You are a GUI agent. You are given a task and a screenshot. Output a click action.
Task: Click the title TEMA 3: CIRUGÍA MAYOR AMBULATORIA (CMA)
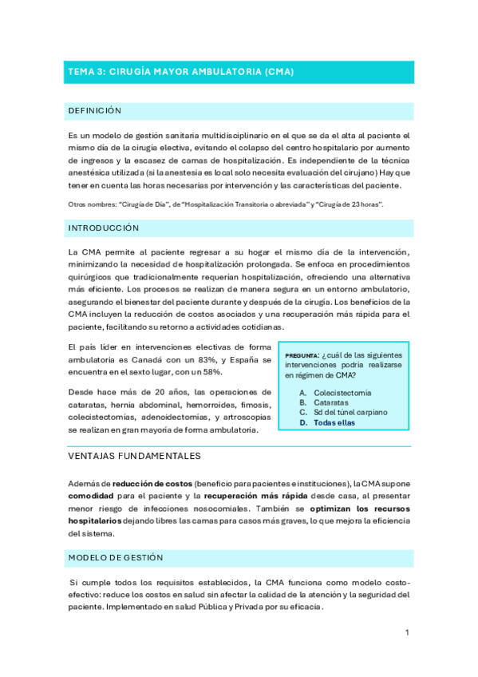click(181, 72)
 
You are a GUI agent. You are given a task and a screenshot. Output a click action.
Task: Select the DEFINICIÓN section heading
click(95, 111)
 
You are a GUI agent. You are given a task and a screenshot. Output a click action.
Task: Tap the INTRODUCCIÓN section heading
click(104, 228)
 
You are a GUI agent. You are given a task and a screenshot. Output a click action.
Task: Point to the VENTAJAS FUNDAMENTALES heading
click(135, 456)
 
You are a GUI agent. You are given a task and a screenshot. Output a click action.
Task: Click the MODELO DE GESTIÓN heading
click(116, 557)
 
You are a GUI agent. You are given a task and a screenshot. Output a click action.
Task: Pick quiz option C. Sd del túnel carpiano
click(344, 413)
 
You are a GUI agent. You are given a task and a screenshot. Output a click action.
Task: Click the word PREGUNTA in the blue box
click(302, 355)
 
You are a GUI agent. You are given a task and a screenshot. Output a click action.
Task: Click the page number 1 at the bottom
click(407, 632)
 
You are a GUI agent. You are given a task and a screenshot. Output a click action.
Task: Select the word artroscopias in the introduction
click(243, 417)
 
